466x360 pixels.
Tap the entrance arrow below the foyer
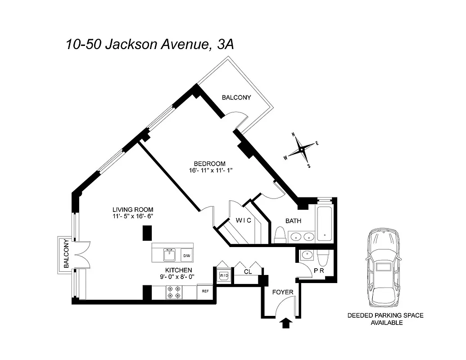click(285, 323)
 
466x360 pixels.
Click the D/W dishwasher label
click(186, 256)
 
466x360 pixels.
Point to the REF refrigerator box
click(205, 291)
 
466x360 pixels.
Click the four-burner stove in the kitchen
click(174, 292)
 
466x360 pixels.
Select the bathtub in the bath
click(325, 223)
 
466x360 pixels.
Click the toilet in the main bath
click(279, 234)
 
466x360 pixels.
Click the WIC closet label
click(243, 220)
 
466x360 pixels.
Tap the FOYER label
click(283, 292)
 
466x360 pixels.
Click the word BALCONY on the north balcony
click(236, 97)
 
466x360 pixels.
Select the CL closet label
click(248, 271)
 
